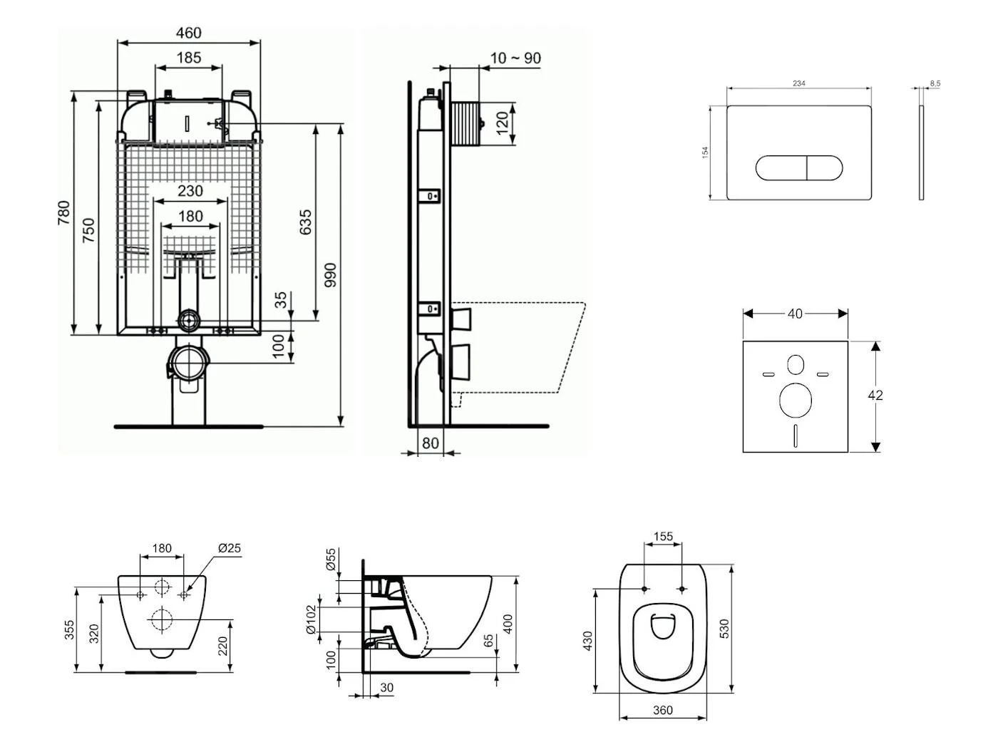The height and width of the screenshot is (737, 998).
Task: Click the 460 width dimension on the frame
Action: click(x=188, y=33)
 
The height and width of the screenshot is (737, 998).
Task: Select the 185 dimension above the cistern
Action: click(x=188, y=58)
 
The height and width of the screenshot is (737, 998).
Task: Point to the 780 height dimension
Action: click(x=63, y=213)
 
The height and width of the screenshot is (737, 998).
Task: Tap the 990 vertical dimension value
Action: click(x=330, y=275)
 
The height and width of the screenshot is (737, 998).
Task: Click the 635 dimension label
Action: click(x=306, y=222)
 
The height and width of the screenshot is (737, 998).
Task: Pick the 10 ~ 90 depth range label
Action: click(x=515, y=58)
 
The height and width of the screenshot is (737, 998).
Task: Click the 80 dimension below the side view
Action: click(x=431, y=443)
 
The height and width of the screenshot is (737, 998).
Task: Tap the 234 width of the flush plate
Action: click(x=799, y=83)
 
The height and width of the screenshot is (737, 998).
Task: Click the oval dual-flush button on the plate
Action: click(x=798, y=168)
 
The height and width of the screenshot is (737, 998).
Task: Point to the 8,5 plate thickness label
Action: click(x=935, y=83)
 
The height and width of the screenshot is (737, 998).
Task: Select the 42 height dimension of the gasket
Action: click(x=875, y=395)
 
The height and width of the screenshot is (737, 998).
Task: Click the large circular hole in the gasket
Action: click(x=795, y=401)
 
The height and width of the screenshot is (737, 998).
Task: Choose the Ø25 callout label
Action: click(x=230, y=548)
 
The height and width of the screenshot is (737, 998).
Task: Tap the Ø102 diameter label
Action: click(x=311, y=620)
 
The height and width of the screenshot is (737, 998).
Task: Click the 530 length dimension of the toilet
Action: click(x=724, y=628)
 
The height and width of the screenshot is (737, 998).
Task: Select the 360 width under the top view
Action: click(x=663, y=710)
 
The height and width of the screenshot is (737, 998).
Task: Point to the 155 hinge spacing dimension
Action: click(x=663, y=536)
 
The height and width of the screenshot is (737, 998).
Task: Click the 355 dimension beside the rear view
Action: click(x=69, y=629)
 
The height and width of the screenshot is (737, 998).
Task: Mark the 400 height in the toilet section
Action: click(x=508, y=624)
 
